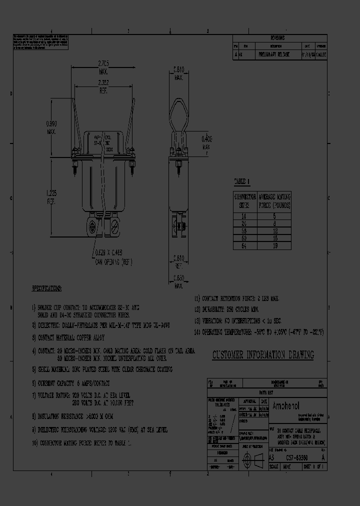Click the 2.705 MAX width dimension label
coord(103,66)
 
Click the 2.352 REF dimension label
coord(103,86)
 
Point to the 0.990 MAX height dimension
coord(51,127)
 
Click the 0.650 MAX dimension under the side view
coord(178,282)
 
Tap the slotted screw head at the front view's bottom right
coord(114,228)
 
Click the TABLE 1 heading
coord(242,181)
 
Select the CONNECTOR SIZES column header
coord(245,200)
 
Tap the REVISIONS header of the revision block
coord(277,38)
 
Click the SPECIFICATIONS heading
coord(47,289)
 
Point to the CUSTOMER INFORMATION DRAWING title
coord(263,355)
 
